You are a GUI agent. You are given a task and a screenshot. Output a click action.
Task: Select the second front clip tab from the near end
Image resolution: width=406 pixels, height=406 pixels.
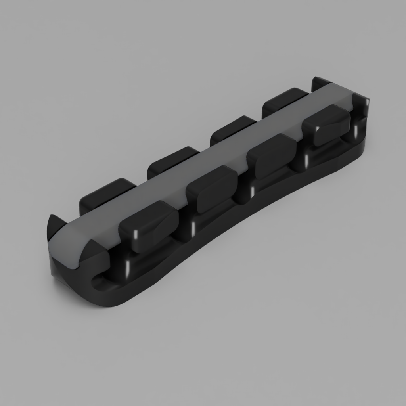coord(212,189)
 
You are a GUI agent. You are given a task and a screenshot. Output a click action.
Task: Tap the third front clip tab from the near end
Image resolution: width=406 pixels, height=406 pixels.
coord(273,155)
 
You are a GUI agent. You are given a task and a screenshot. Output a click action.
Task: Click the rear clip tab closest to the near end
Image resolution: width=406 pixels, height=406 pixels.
coord(106,194)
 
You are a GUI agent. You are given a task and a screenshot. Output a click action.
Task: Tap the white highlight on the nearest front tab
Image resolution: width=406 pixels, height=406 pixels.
coord(136,234)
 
